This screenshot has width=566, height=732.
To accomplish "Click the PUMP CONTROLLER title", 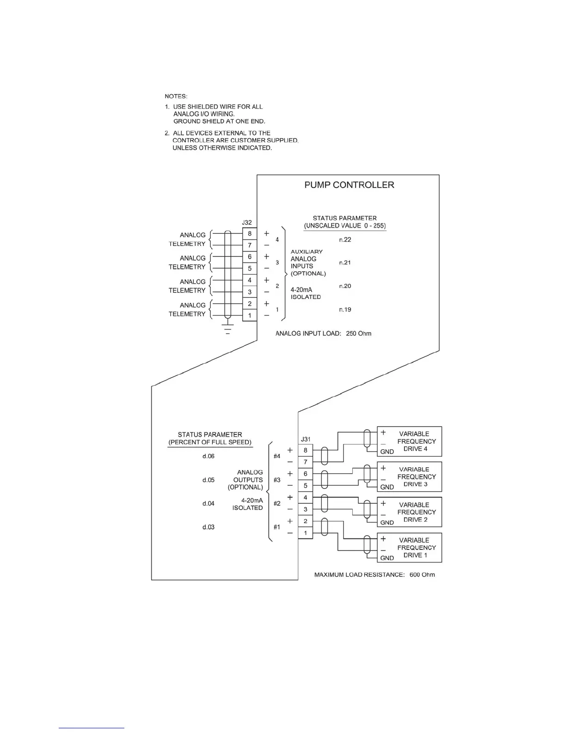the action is pos(349,185).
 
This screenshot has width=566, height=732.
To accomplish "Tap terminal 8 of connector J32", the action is pos(250,234).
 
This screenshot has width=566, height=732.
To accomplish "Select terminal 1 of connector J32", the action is pos(250,316).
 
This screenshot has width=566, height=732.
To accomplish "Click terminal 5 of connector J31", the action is pos(305,486).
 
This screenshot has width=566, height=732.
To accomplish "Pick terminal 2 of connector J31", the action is pos(305,521).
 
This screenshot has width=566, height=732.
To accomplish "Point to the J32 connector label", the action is pos(247,223).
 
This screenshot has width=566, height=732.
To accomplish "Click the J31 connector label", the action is pos(306,439).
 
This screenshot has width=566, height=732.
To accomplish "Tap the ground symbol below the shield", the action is pos(228,329).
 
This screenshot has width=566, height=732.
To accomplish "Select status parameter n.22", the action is pos(345,239).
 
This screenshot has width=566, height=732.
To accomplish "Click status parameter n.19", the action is pos(345,310).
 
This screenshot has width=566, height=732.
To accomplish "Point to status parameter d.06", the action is pos(209,456).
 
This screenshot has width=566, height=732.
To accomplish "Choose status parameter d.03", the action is pos(209,527).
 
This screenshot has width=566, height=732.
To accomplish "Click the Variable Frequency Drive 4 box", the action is pos(410,441).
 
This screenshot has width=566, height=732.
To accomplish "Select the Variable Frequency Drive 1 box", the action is pos(410,548).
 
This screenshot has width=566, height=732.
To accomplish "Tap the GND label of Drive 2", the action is pos(387,523).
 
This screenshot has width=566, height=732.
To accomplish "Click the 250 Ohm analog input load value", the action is pos(358,334).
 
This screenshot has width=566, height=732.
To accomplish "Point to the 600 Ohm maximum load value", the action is pos(422,575).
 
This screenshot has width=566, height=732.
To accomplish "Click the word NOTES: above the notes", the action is pos(176,97).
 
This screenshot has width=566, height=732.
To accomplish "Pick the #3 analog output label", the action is pos(277,480).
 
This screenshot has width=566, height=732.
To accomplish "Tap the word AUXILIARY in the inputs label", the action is pos(307,252).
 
